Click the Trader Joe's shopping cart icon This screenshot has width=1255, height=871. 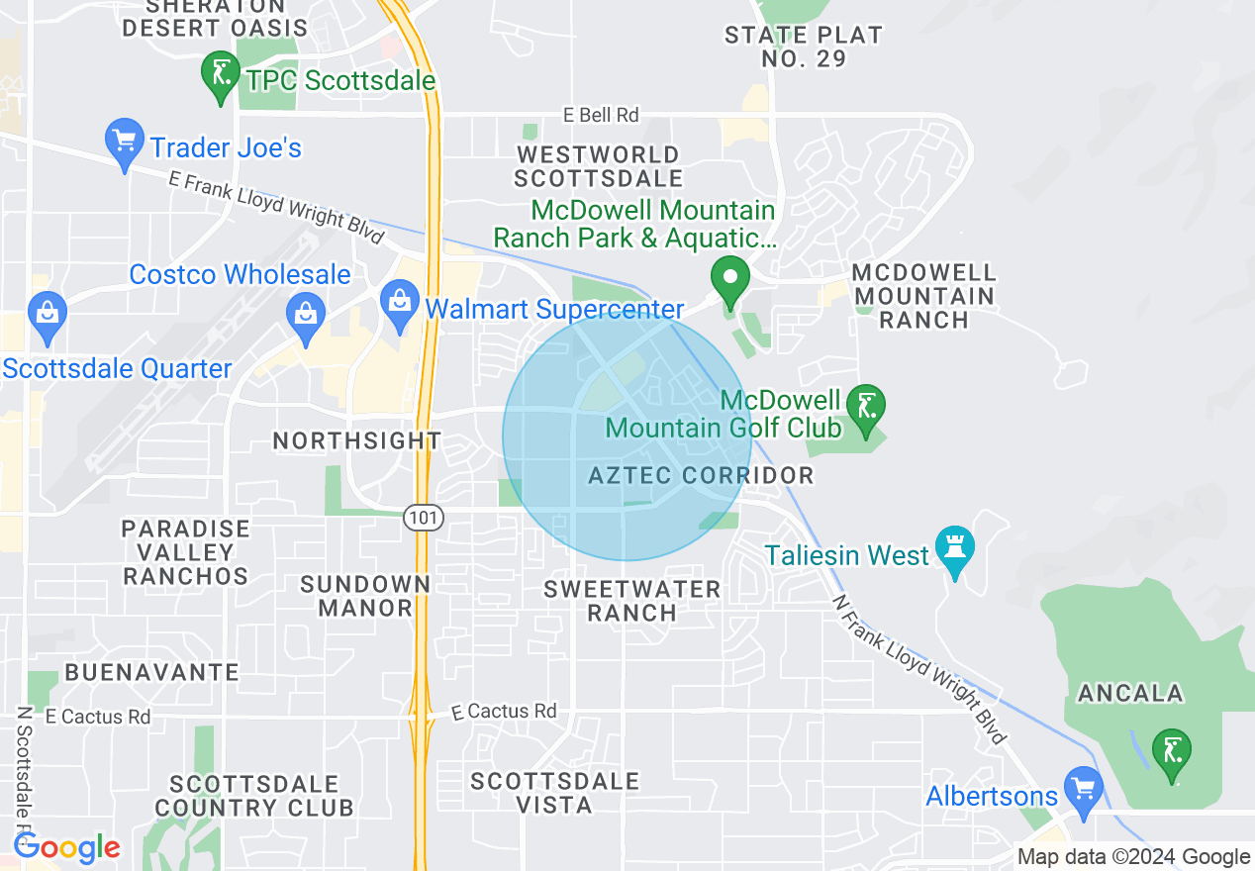(125, 145)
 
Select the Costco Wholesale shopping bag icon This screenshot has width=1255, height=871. (306, 314)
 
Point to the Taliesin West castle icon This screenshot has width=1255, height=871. (955, 550)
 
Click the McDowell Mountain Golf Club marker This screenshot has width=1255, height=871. (866, 407)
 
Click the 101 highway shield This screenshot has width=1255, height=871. (423, 517)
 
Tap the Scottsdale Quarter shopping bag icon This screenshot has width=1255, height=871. (47, 312)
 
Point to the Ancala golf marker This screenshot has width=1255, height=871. (1172, 753)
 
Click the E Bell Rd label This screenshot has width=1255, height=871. (601, 115)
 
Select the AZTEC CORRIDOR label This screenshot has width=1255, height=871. (701, 476)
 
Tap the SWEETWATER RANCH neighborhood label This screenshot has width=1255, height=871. (632, 601)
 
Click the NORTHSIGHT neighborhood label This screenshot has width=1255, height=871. (357, 440)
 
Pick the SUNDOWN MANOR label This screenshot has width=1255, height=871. (365, 596)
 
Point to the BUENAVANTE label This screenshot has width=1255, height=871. (151, 673)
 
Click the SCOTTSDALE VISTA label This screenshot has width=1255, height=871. (554, 793)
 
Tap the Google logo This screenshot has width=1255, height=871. (66, 847)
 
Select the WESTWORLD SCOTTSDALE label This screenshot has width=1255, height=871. (598, 166)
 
